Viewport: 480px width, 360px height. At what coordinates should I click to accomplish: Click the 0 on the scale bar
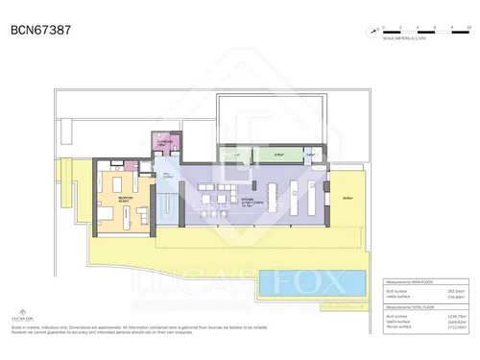pyautogui.click(x=382, y=25)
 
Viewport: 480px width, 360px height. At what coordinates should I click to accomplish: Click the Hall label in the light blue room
pyautogui.click(x=167, y=176)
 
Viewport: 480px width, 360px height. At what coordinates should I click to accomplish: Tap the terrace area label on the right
pyautogui.click(x=346, y=199)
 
